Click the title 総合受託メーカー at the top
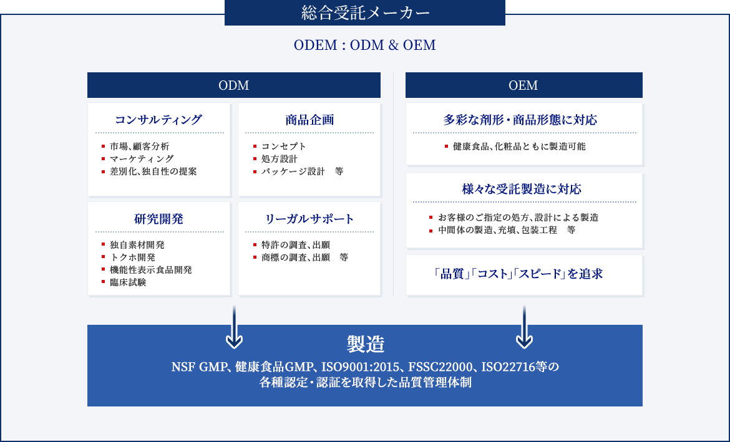click(x=366, y=12)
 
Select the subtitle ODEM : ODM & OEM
click(x=365, y=45)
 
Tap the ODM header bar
click(x=234, y=85)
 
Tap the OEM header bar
click(x=523, y=85)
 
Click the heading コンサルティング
click(x=158, y=120)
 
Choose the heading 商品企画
click(x=309, y=120)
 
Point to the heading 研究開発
click(x=158, y=219)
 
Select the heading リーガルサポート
click(x=309, y=219)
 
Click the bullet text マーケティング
click(x=142, y=158)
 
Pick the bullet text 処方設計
click(x=280, y=158)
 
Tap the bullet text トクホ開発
click(x=133, y=257)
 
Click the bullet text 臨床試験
click(x=128, y=282)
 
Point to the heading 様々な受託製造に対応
click(x=522, y=189)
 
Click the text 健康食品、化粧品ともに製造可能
click(x=519, y=146)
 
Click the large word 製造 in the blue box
click(x=366, y=344)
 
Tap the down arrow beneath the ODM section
click(x=234, y=327)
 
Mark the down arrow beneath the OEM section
click(x=524, y=327)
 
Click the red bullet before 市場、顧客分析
click(x=104, y=146)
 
